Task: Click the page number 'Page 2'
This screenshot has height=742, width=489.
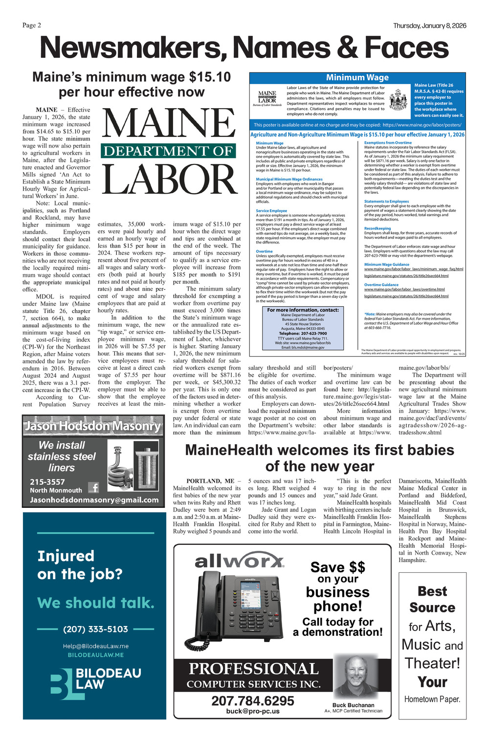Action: coord(32,25)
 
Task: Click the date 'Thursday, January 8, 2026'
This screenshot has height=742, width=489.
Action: coord(429,25)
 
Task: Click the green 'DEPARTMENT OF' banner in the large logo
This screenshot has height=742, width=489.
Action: coord(169,151)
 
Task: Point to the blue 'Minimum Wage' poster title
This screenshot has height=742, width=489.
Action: coord(357,77)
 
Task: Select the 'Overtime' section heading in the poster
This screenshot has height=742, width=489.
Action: coord(264,251)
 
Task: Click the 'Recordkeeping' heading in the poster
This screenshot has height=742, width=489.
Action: coord(378,228)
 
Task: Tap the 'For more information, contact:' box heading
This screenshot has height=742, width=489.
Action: coord(303,310)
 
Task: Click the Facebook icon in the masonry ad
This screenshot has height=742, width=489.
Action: coord(93,487)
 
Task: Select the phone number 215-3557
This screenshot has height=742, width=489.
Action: coord(47,482)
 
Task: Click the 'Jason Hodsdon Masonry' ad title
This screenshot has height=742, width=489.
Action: coord(93,426)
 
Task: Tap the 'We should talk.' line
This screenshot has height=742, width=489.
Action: coord(96,603)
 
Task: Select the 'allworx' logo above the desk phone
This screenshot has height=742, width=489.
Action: coord(239,562)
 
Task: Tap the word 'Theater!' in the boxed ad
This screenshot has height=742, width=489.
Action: coord(432,663)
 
